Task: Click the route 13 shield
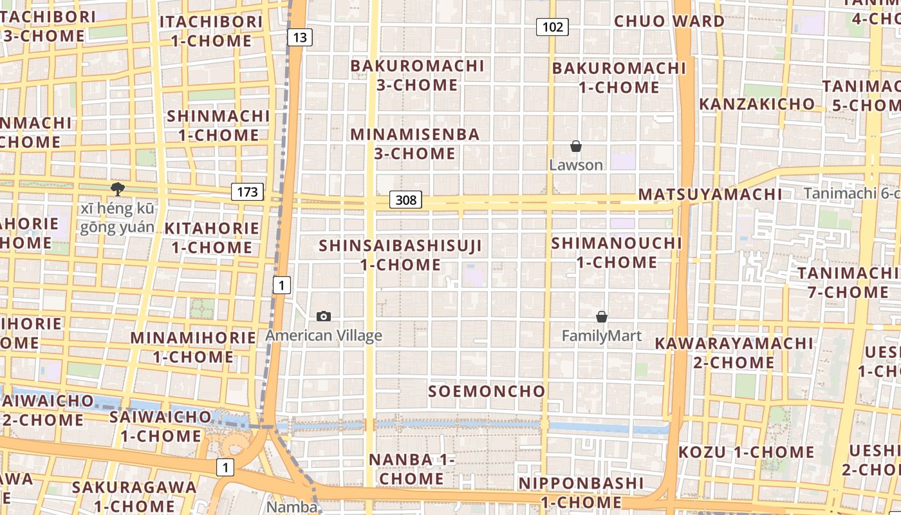(299, 37)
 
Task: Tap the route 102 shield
(552, 26)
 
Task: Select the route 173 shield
(247, 191)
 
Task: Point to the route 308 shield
(405, 200)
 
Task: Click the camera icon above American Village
(324, 316)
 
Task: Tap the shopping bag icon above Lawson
(576, 147)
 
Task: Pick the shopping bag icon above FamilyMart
(602, 317)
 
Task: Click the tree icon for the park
(117, 189)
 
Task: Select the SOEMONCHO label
(487, 391)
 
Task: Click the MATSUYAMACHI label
(710, 194)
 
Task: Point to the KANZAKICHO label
(756, 104)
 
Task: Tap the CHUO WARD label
(669, 21)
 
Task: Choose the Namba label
(292, 507)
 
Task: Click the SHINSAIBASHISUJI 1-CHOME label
(400, 255)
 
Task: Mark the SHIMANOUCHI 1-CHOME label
(617, 252)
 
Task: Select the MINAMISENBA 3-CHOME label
(415, 144)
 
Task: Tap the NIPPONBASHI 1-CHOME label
(581, 492)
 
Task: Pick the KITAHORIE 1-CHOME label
(212, 238)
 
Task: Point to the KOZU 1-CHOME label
(746, 452)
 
